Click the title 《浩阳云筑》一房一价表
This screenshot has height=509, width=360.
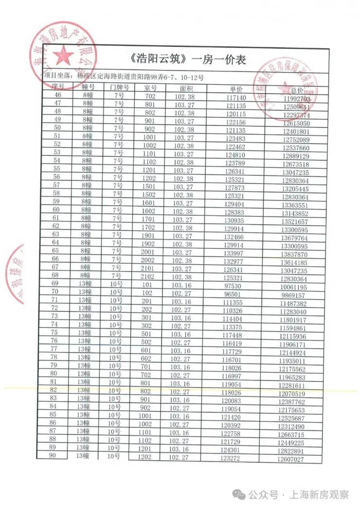(x=188, y=60)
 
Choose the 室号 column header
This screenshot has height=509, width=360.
(x=151, y=88)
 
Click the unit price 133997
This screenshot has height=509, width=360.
(x=234, y=254)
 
